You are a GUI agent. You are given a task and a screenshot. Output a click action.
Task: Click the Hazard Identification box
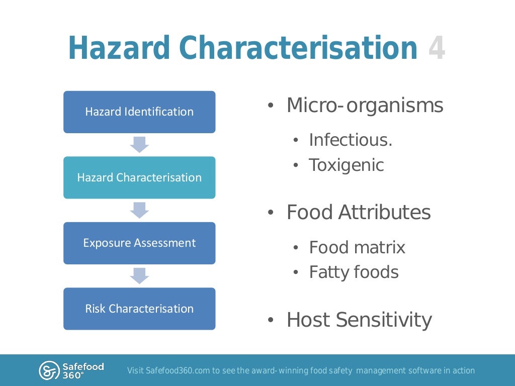[139, 112]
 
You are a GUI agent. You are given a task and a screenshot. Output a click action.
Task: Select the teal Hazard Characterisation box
[139, 177]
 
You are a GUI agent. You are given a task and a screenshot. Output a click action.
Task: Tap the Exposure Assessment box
[139, 243]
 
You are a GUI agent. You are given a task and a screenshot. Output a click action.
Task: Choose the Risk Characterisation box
[139, 309]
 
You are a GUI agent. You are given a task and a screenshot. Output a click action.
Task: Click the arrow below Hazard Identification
[139, 144]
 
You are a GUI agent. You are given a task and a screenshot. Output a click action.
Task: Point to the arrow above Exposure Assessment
[139, 210]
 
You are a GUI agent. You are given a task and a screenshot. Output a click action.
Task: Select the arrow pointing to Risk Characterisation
[139, 275]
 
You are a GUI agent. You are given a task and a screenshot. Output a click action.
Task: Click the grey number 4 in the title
[437, 49]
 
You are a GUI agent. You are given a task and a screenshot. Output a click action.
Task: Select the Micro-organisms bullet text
[365, 106]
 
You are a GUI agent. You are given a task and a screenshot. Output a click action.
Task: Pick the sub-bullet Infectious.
[351, 140]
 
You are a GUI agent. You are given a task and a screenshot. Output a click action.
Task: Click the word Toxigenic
[346, 165]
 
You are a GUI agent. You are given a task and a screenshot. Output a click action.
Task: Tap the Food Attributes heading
[359, 213]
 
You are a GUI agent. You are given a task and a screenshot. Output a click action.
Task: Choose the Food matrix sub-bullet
[357, 247]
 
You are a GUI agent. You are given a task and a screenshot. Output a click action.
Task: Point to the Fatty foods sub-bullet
[354, 272]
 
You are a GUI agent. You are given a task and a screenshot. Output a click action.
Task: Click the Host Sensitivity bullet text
[359, 320]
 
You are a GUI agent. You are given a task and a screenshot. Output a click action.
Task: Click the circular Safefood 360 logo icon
[49, 370]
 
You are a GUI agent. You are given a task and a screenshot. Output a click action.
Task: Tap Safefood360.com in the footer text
[178, 371]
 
